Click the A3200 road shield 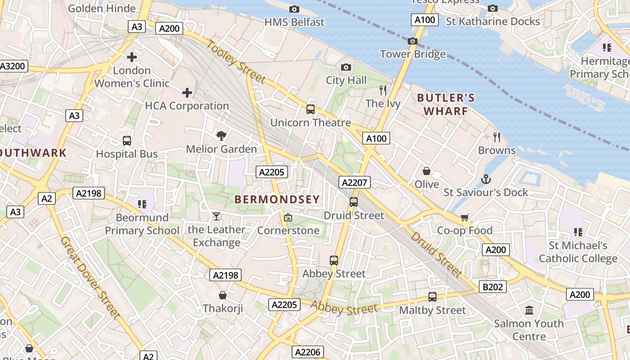13,66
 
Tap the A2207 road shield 355,182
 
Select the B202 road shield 493,287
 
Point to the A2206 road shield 307,352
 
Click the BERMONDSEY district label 277,199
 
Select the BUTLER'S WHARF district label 445,104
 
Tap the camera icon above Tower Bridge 412,41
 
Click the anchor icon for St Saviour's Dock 486,180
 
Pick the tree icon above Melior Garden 221,135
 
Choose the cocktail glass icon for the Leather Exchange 216,216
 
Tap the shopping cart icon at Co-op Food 464,217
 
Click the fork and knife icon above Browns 497,137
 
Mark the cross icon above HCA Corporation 187,93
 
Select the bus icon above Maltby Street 432,297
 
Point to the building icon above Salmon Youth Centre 529,310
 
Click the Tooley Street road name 237,62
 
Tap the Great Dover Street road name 90,277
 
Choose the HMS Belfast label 294,22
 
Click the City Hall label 346,81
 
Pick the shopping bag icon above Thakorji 222,295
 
